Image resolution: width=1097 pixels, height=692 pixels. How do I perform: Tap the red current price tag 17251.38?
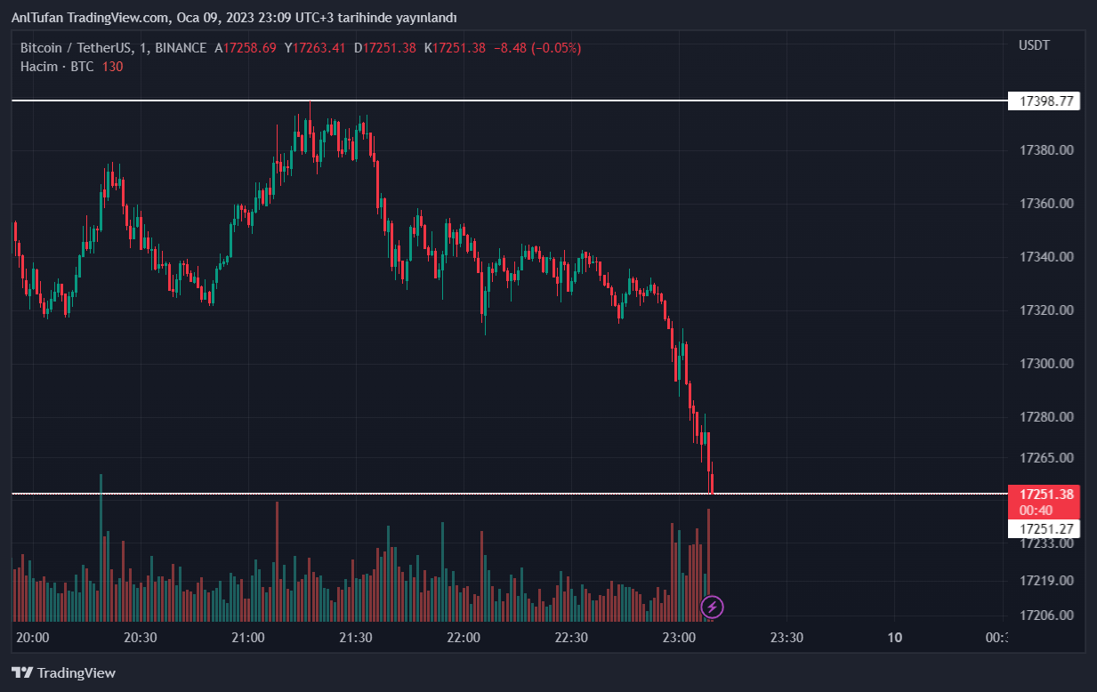pos(1046,495)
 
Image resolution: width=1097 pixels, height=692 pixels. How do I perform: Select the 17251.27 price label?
pos(1046,528)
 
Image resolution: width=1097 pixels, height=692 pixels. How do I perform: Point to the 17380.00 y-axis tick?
pos(1046,150)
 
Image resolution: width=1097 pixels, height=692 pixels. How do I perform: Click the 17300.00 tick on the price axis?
pos(1046,364)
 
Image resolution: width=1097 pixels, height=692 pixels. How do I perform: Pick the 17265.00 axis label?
pos(1046,458)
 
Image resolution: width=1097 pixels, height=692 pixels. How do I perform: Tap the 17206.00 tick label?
pos(1046,616)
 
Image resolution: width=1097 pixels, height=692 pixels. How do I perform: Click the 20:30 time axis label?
pos(140,637)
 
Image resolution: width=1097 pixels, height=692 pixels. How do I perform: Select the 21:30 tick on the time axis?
pos(356,637)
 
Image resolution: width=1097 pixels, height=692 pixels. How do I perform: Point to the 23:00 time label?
pos(679,637)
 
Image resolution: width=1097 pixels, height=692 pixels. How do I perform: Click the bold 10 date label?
pos(895,637)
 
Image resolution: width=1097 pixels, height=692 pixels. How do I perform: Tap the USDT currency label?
pos(1034,45)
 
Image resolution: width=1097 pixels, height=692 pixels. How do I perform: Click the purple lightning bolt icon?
pos(713,608)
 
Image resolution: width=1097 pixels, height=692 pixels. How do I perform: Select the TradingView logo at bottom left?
pos(63,673)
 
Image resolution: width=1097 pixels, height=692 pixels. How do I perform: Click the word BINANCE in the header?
pos(181,48)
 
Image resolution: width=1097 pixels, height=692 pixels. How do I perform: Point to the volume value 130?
pos(112,67)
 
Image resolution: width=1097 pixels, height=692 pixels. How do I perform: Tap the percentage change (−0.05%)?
pos(556,48)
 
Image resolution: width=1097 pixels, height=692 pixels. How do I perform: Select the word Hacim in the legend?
pos(39,67)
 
